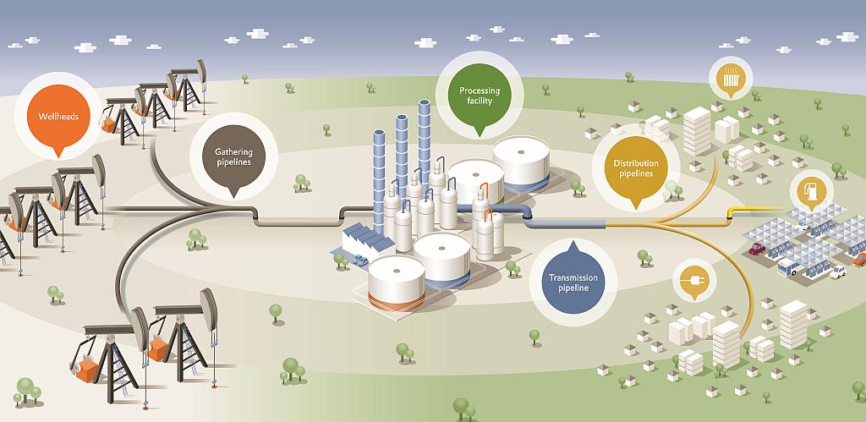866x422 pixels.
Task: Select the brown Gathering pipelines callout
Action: pos(233,156)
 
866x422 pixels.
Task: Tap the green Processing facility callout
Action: pos(480,96)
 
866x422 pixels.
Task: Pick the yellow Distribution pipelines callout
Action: pos(634,167)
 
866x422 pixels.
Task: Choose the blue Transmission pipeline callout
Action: pos(573,282)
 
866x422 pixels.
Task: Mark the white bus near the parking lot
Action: pos(787,267)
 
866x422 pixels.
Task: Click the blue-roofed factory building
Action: pos(364,241)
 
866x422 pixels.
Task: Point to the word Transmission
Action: pos(573,277)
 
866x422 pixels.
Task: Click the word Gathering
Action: pos(233,151)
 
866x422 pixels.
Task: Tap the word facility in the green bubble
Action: pos(480,101)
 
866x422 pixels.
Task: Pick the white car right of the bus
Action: pos(837,271)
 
